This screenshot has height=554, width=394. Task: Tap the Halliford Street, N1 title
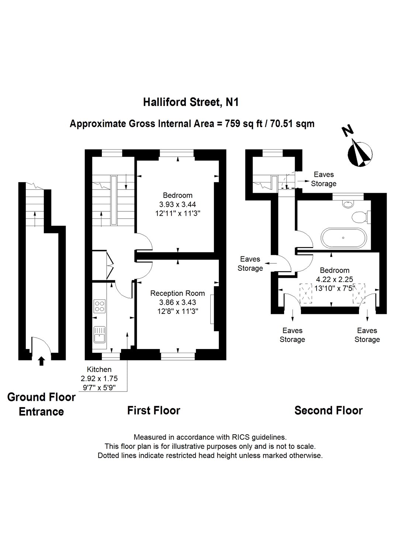click(x=191, y=102)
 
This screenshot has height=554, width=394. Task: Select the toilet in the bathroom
click(x=359, y=217)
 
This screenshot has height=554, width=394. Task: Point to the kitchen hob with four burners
click(x=99, y=306)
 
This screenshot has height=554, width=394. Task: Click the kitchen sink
click(x=99, y=334)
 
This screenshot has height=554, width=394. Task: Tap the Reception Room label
click(x=177, y=293)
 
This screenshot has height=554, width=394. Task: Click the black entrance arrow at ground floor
click(x=41, y=361)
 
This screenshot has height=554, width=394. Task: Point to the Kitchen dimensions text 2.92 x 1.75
click(x=99, y=378)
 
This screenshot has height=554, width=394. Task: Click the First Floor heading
click(x=153, y=410)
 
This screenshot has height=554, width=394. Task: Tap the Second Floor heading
click(x=328, y=410)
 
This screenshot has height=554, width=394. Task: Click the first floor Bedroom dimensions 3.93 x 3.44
click(x=177, y=204)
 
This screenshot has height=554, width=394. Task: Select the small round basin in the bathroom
click(x=347, y=204)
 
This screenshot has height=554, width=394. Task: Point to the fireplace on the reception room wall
click(x=213, y=309)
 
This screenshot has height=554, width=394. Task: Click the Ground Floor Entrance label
click(x=41, y=404)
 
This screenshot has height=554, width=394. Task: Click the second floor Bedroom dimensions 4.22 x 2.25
click(x=335, y=279)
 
